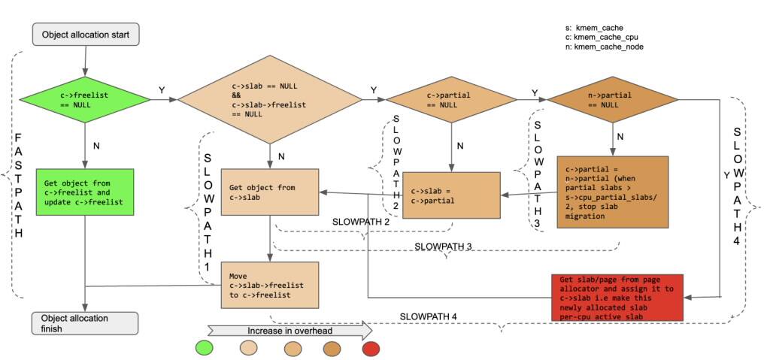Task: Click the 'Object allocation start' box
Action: click(86, 34)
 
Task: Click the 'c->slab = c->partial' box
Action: click(451, 195)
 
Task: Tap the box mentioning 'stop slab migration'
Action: click(612, 192)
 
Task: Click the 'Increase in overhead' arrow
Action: click(290, 331)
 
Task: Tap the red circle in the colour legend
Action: click(371, 349)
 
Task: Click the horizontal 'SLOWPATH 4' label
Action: click(428, 316)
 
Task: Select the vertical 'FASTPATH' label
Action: click(19, 185)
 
